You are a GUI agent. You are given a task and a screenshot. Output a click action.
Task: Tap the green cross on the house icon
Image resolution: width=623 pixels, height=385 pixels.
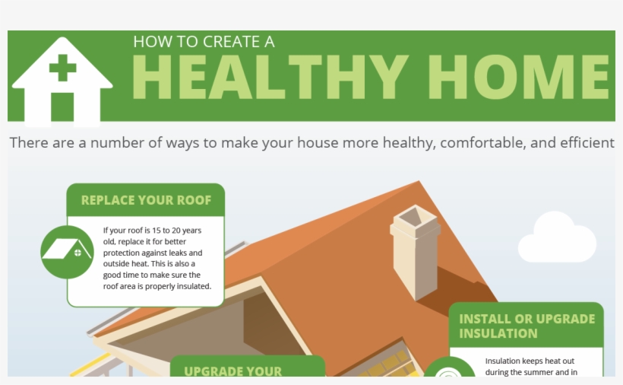point(62,68)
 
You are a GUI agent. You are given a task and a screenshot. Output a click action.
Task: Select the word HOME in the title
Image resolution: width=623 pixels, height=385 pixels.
point(518,77)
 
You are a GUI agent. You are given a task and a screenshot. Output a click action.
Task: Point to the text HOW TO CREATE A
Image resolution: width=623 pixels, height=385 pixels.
point(204,42)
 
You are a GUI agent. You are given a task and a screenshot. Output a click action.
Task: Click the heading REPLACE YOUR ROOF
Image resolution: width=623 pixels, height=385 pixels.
point(146,200)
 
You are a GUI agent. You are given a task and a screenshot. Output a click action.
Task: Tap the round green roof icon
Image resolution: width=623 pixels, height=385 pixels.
point(67,252)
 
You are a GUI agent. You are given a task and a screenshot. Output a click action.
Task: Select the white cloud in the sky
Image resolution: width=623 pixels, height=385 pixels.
point(557,237)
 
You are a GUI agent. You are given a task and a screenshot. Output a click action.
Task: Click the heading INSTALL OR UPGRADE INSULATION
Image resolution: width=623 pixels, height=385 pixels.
point(527,326)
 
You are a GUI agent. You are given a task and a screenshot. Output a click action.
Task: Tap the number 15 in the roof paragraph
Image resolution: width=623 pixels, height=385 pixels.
point(157,231)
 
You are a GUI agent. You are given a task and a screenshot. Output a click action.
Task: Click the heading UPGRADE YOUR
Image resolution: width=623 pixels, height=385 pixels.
point(232,371)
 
